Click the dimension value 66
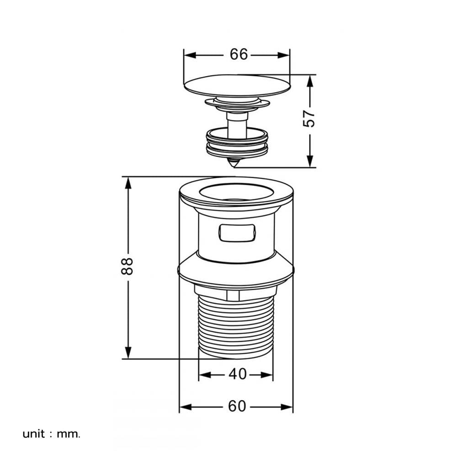coord(239,54)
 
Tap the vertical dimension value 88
coord(127,266)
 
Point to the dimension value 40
coord(238,374)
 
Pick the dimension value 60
coord(237,406)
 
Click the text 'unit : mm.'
coord(51,434)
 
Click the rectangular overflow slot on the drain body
coord(237,233)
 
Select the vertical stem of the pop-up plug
coord(237,125)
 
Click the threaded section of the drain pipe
coord(236,326)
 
